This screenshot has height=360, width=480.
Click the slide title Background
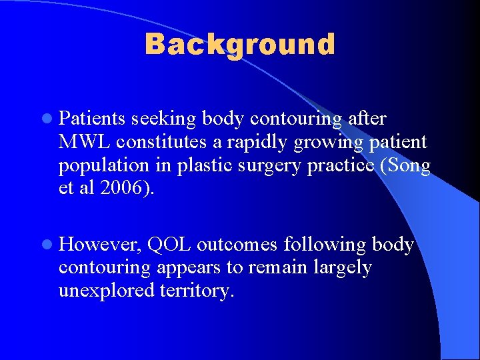[x=240, y=45]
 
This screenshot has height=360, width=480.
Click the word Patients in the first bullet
[x=93, y=119]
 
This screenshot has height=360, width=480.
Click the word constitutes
[x=169, y=142]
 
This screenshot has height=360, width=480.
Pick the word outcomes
[x=237, y=245]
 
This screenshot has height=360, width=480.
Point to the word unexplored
[x=107, y=291]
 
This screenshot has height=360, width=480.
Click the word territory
[x=197, y=291]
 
